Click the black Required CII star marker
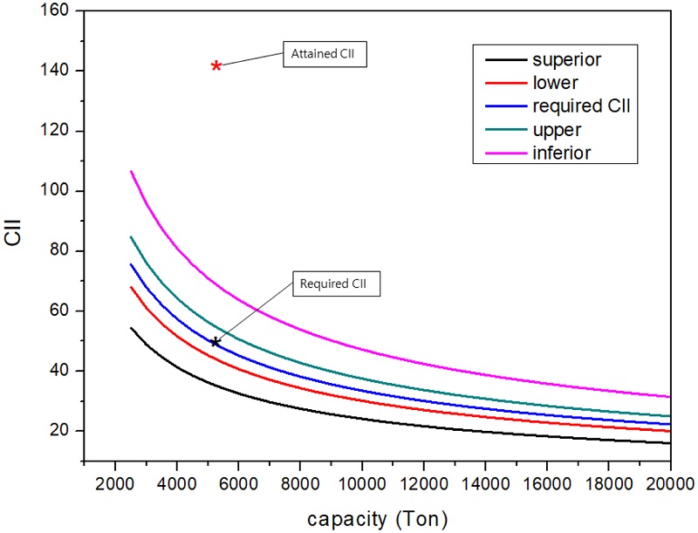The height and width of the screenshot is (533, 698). click(215, 342)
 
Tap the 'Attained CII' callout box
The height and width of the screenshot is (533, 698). click(325, 55)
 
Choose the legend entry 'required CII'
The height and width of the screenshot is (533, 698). click(580, 106)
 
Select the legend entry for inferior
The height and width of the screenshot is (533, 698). click(562, 153)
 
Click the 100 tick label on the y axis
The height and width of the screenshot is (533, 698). click(60, 191)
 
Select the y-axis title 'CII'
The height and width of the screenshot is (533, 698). click(17, 237)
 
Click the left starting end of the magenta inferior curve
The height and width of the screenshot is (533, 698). click(131, 171)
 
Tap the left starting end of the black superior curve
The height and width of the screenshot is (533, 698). click(131, 328)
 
